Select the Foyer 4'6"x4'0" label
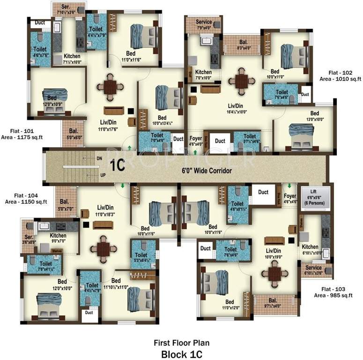[x=196, y=141]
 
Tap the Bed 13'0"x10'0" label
[x=314, y=116]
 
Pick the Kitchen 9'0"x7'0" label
[x=58, y=238]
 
